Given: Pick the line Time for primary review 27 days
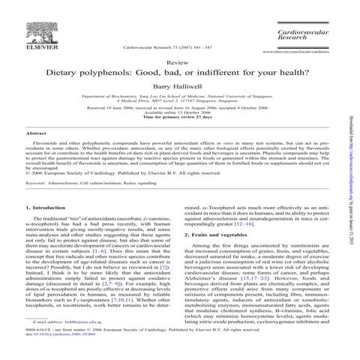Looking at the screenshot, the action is [179, 118].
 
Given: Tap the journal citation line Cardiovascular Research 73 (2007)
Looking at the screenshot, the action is [151, 46].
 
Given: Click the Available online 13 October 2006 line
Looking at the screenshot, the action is [179, 113].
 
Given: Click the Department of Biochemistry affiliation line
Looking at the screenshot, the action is [179, 97].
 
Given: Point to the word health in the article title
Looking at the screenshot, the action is [275, 76].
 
